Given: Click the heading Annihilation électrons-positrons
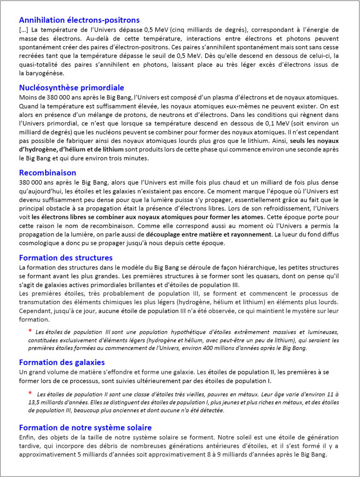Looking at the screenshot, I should click(79, 20).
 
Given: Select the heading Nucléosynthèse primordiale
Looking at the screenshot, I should click(71, 88).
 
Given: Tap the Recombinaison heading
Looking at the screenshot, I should click(48, 173).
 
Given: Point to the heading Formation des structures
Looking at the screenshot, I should click(66, 258).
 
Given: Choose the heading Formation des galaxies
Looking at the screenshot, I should click(62, 362).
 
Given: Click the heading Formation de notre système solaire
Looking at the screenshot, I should click(85, 428).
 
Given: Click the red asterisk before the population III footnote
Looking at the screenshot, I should click(30, 331).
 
